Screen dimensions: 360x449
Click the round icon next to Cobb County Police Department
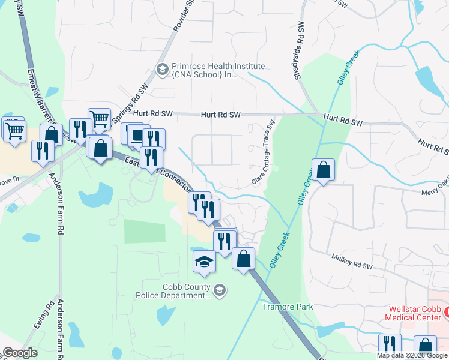point(220,290)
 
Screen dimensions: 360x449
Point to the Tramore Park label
point(288,307)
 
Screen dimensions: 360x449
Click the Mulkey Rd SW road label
point(352,260)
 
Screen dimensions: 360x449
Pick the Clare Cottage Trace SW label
point(262,153)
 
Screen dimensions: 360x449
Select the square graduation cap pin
point(203,262)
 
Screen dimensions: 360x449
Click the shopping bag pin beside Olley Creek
point(323,170)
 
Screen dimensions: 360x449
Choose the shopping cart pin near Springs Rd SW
point(98,119)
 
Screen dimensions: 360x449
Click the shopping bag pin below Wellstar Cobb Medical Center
point(425,346)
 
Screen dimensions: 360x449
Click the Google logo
point(20,353)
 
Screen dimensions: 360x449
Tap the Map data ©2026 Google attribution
point(412,355)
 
